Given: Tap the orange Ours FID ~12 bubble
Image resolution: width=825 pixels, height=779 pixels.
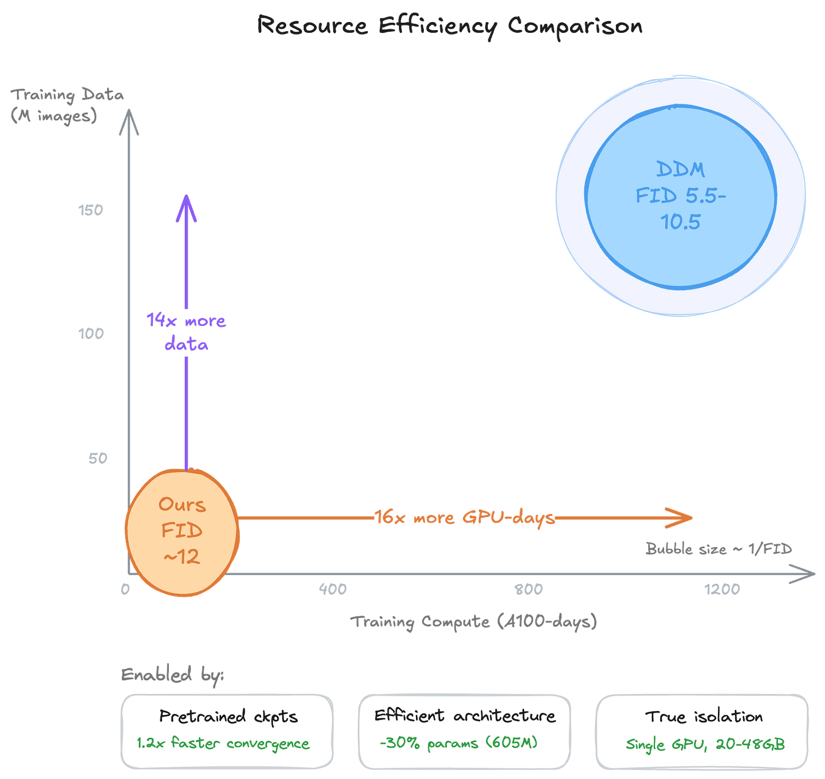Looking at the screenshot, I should coord(182,531).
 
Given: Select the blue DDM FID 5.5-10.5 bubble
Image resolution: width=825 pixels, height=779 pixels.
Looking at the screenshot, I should coord(681,196).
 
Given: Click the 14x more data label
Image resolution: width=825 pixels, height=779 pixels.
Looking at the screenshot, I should coord(186,332).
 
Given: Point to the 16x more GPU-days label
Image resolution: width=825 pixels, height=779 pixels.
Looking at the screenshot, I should coord(465,518).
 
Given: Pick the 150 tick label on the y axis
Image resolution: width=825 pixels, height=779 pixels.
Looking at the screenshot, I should coord(91,210).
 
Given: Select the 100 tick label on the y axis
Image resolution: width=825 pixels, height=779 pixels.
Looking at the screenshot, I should coord(91,333).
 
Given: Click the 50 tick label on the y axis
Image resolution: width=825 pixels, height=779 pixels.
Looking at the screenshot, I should coord(97,458).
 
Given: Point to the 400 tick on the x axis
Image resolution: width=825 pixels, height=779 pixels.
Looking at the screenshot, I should coord(333,589).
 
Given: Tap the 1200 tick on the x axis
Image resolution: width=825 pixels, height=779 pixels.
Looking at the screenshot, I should coord(722,589).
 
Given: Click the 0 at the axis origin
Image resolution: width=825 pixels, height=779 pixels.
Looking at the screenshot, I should coord(125,589).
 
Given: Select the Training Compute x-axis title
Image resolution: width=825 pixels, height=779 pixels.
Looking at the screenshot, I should coord(473,622).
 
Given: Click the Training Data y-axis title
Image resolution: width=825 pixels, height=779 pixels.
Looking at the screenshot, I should coord(67,105).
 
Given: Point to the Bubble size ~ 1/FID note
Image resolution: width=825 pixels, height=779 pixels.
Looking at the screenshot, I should coord(718,549).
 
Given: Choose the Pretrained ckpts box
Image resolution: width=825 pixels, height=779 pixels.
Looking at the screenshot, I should coord(227,731).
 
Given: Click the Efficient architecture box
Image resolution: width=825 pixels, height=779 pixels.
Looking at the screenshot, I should coord(464,731).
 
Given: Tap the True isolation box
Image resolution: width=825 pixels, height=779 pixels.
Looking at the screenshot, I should coord(702,731).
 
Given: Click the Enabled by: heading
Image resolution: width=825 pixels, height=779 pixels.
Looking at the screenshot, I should coord(172,675).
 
